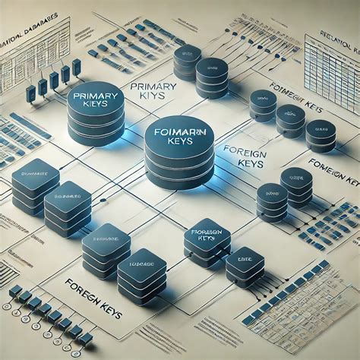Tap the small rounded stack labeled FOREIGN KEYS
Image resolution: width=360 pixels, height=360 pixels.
click(x=207, y=242)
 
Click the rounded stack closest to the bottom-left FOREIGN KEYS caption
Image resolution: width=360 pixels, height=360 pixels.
click(x=106, y=251)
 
